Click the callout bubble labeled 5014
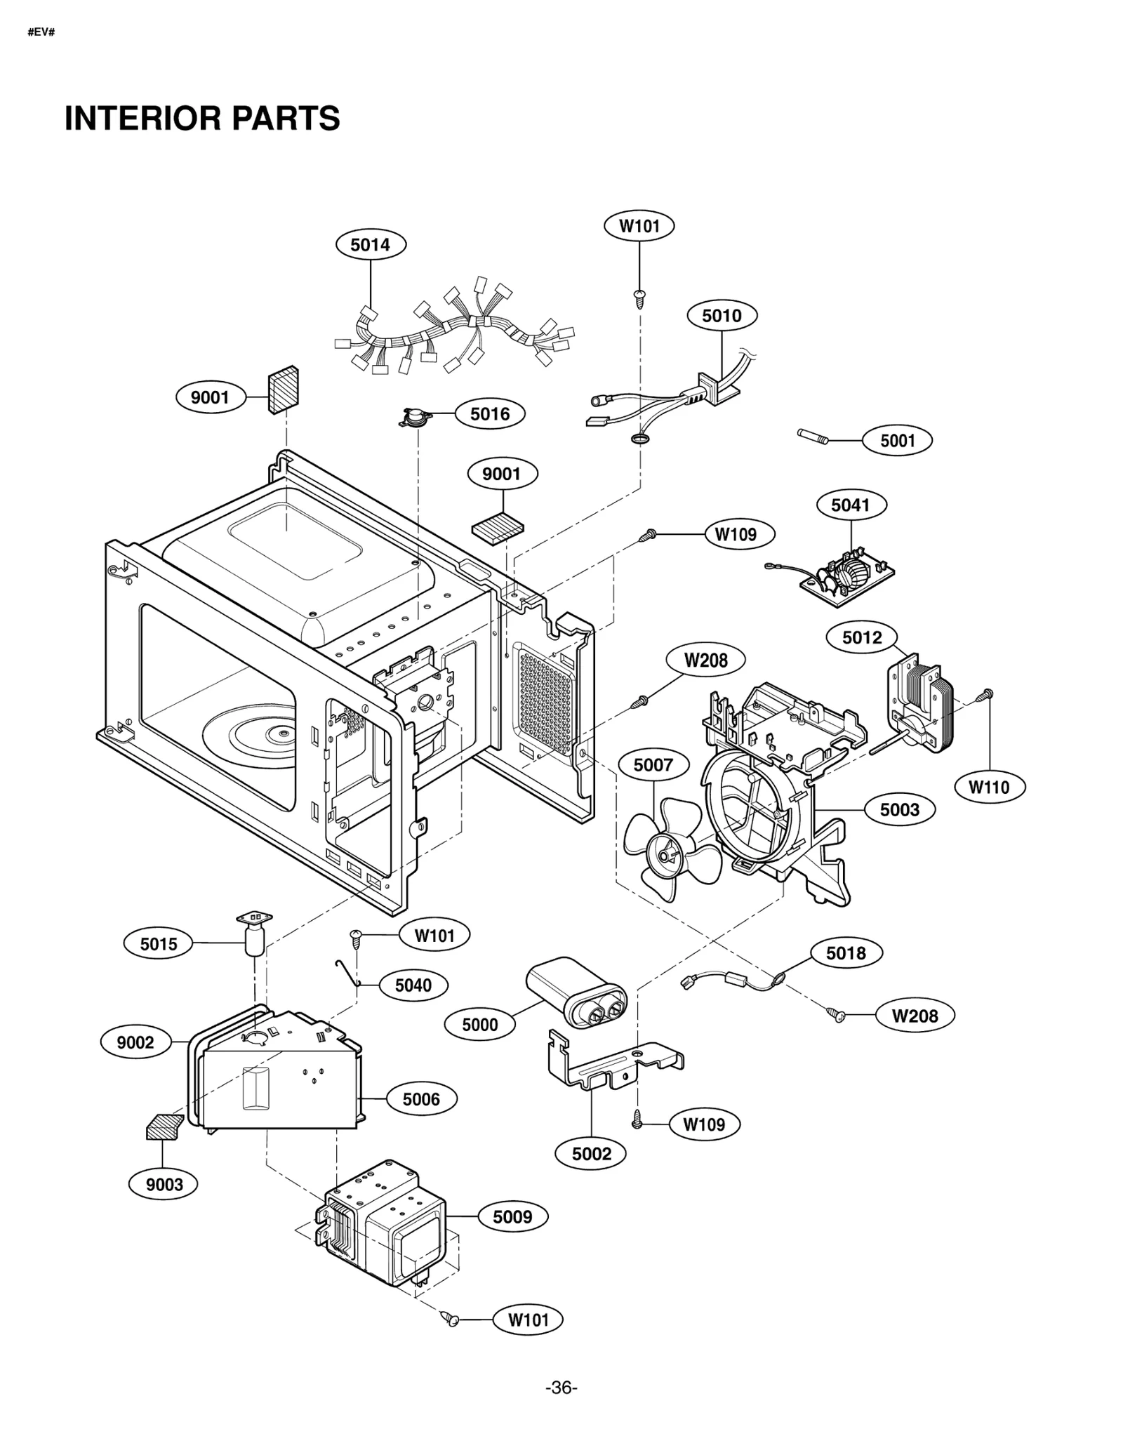point(370,244)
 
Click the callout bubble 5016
point(489,413)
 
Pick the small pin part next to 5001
point(814,437)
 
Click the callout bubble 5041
point(851,505)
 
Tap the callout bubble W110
point(989,787)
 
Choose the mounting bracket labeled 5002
point(611,1067)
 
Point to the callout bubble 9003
point(164,1184)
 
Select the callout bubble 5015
point(159,944)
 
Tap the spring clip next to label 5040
point(347,973)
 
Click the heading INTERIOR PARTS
point(202,119)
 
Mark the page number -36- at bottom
point(561,1388)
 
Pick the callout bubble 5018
point(846,952)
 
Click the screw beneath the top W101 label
point(639,298)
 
